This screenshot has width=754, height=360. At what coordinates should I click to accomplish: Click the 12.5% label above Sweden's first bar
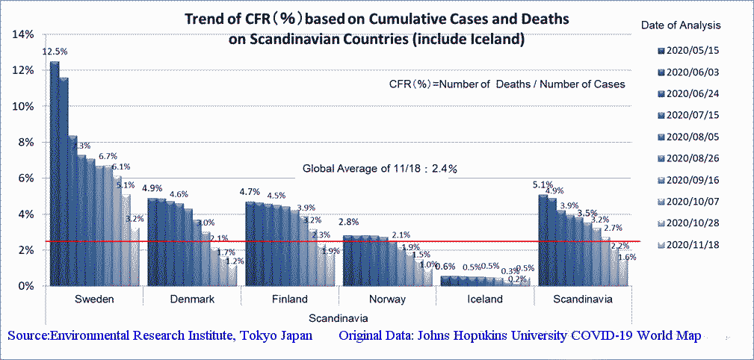55,52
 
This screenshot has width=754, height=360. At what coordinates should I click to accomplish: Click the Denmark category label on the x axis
192,300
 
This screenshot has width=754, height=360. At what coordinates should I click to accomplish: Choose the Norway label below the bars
387,300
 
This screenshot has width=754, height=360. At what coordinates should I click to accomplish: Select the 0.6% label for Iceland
445,267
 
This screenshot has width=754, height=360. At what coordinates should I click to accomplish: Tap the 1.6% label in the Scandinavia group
628,257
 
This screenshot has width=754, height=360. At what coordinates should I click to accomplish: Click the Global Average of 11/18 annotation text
379,169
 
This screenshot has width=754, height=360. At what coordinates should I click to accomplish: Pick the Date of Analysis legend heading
681,25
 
